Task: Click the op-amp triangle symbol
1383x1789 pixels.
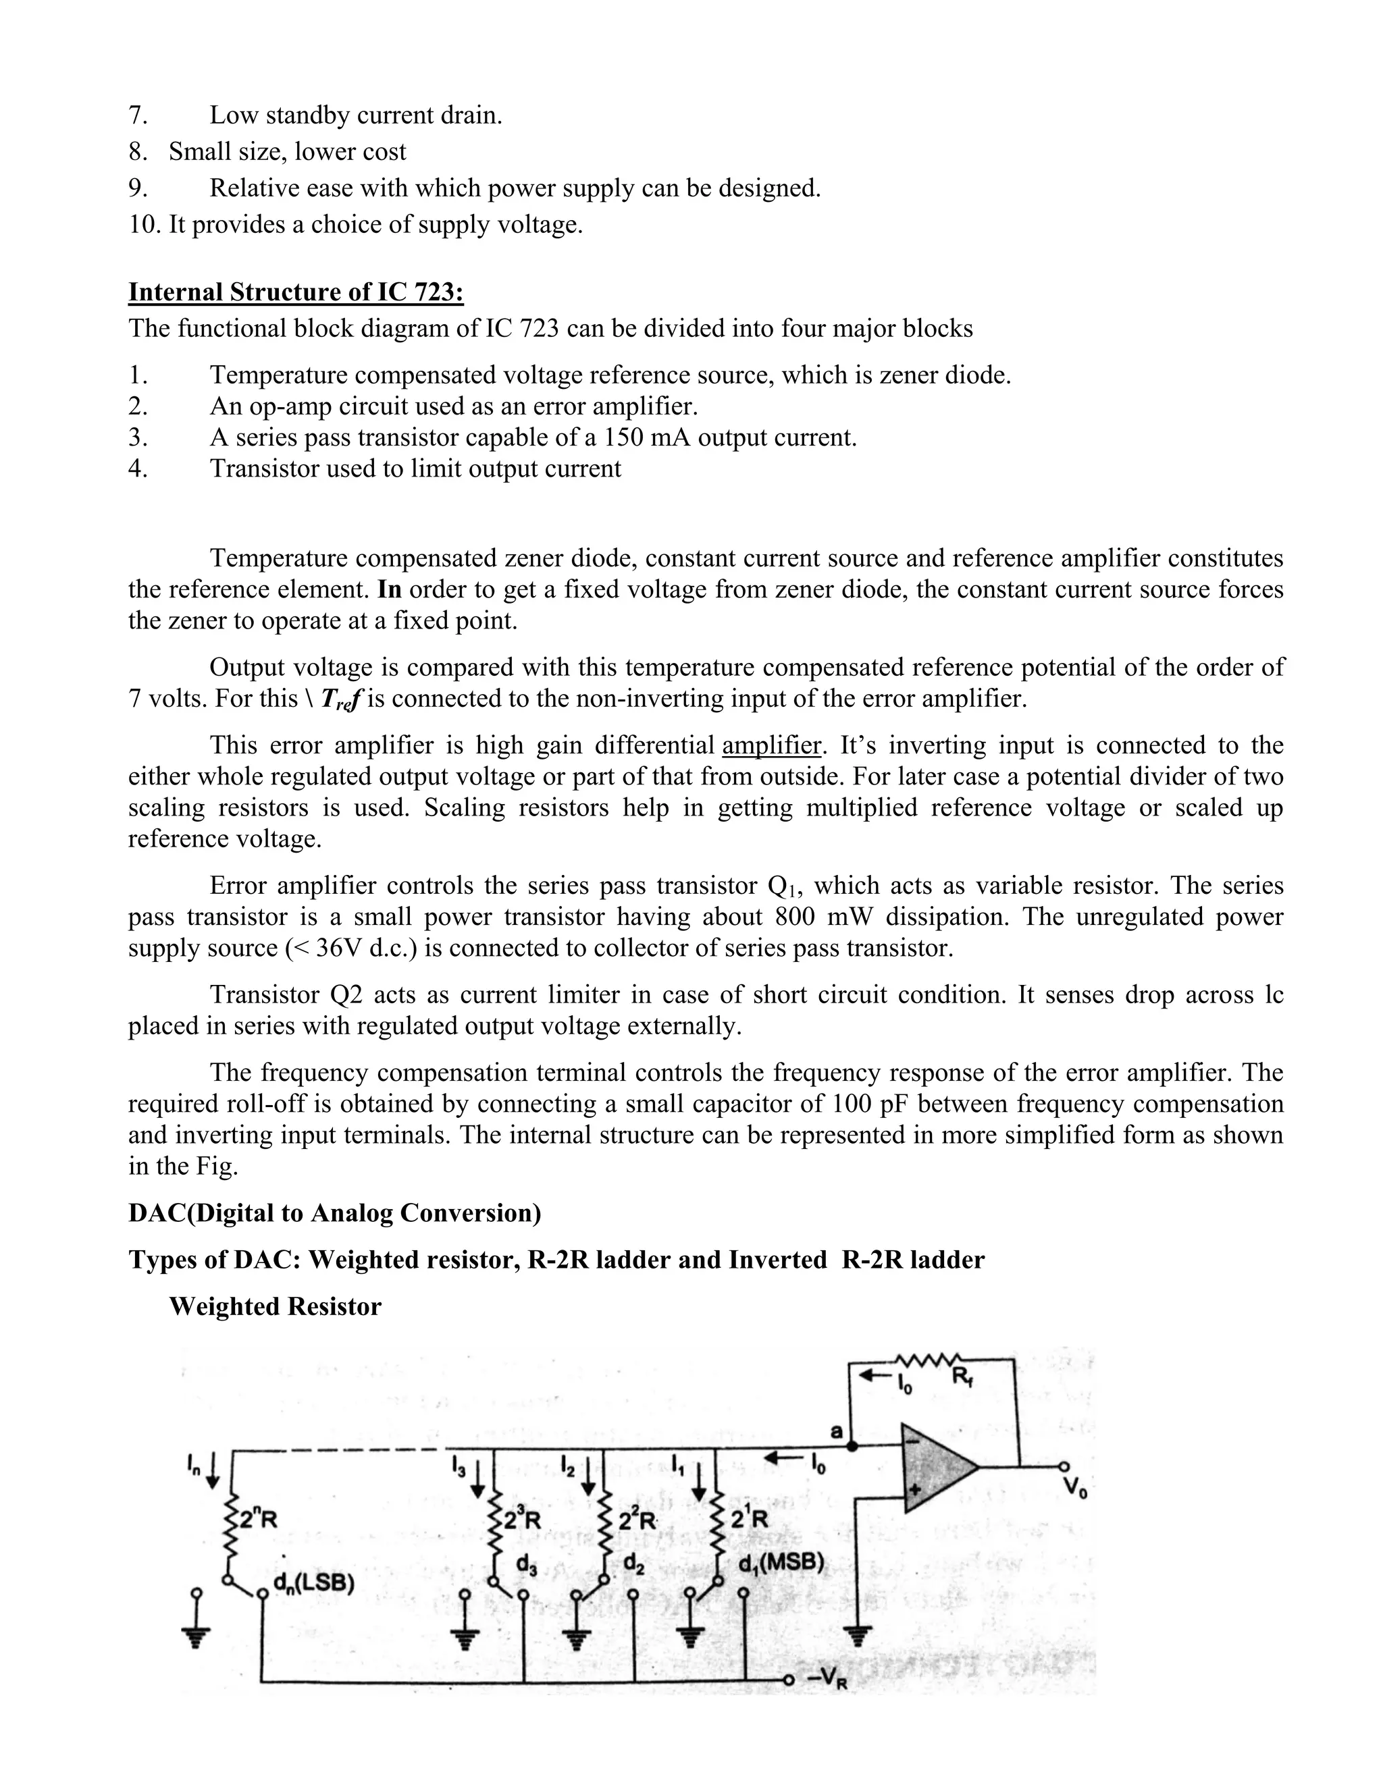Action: pyautogui.click(x=934, y=1467)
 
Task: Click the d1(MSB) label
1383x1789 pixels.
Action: pyautogui.click(x=780, y=1563)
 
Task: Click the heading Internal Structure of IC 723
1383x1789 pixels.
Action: pyautogui.click(x=296, y=292)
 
